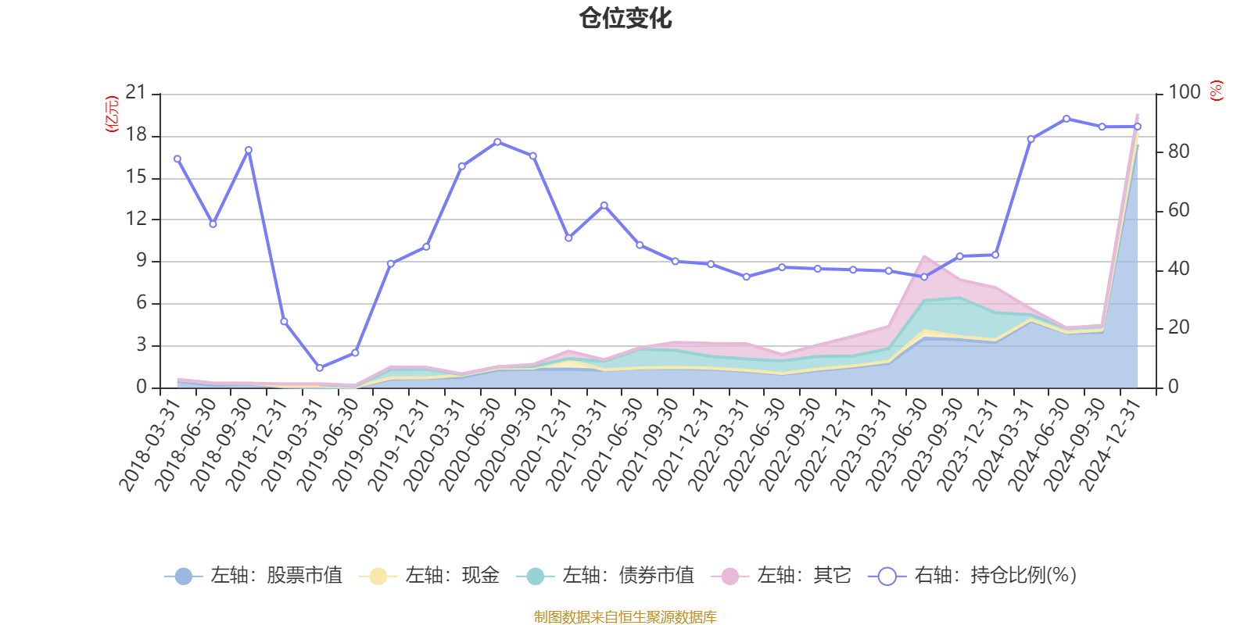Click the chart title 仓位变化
pyautogui.click(x=625, y=18)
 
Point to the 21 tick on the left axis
pyautogui.click(x=136, y=93)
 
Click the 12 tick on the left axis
pyautogui.click(x=136, y=219)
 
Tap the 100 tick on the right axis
pyautogui.click(x=1184, y=93)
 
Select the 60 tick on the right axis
pyautogui.click(x=1178, y=210)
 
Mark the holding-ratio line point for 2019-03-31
pyautogui.click(x=319, y=367)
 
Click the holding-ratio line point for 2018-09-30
pyautogui.click(x=248, y=150)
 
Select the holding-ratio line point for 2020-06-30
pyautogui.click(x=497, y=141)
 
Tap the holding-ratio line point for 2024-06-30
pyautogui.click(x=1066, y=119)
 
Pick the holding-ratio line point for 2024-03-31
pyautogui.click(x=1031, y=139)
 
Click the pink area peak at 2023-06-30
pyautogui.click(x=924, y=255)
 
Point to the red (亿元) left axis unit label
pyautogui.click(x=112, y=114)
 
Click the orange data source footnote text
pyautogui.click(x=625, y=617)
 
